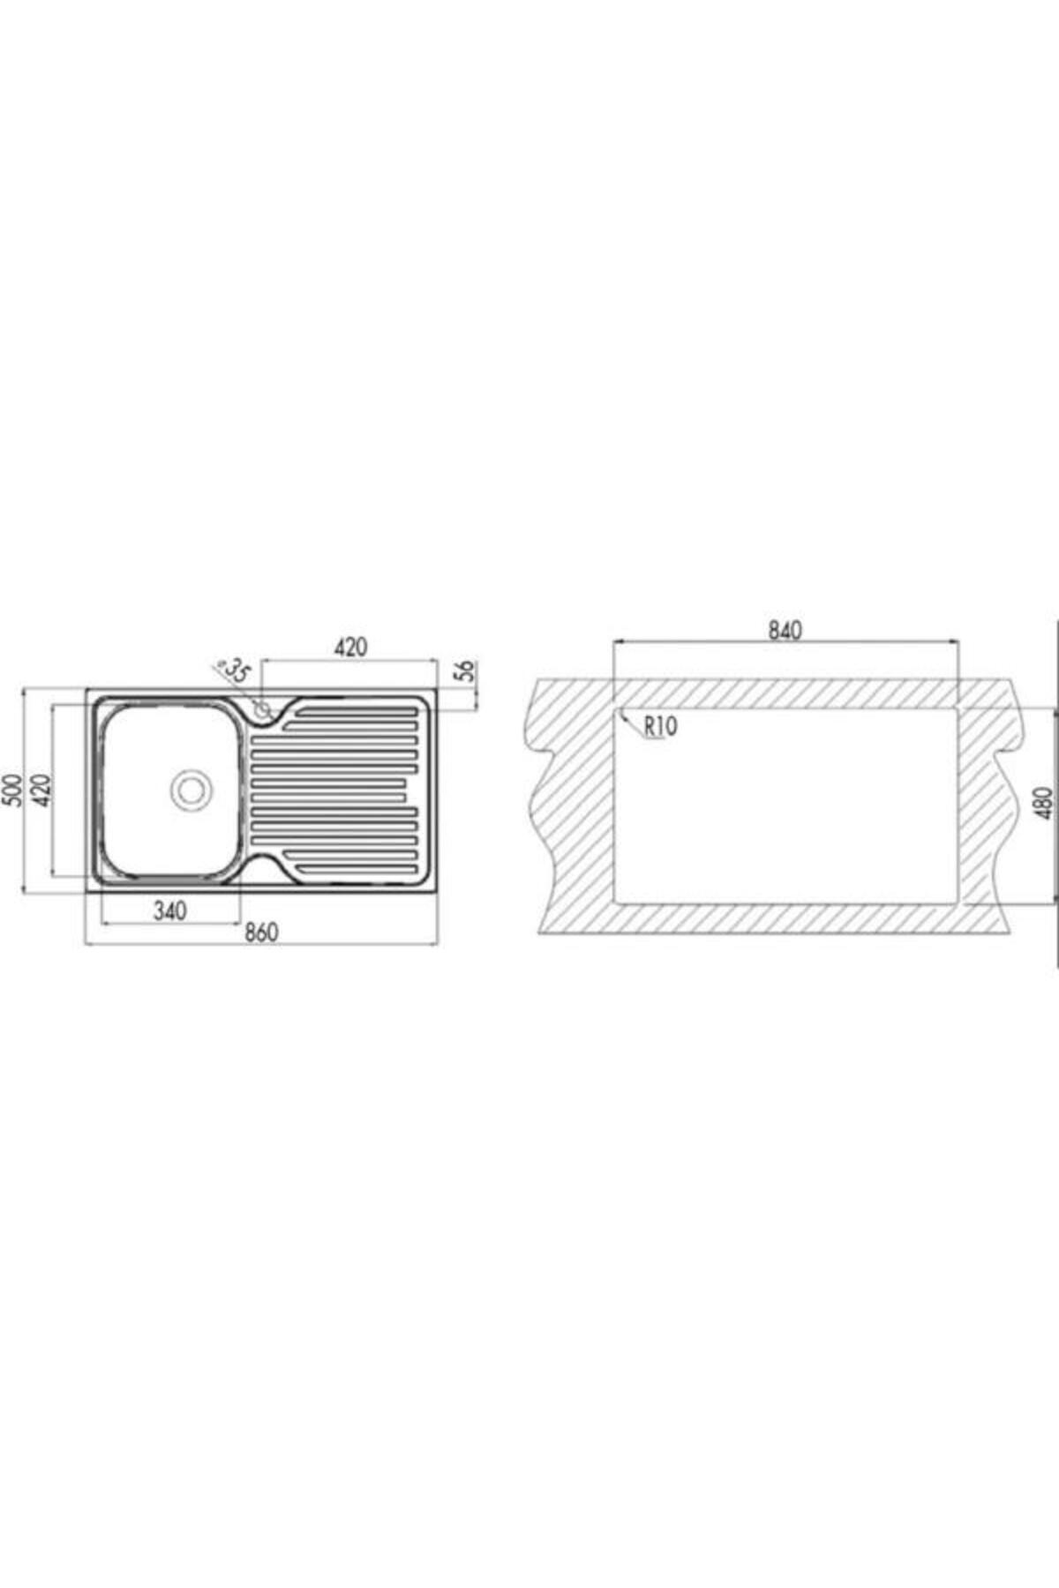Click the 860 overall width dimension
pos(262,932)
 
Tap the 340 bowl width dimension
pos(170,910)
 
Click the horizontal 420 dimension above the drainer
pos(350,647)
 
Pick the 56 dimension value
pos(468,670)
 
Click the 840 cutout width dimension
pos(785,630)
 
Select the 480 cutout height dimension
pos(1043,804)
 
